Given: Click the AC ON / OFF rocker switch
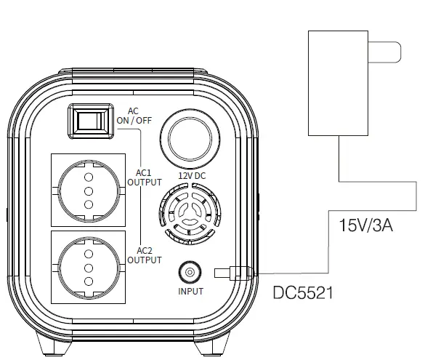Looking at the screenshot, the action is point(91,121).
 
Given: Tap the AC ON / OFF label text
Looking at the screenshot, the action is point(134,116).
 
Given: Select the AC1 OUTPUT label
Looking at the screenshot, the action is point(145,177).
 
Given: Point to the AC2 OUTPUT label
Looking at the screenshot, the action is point(145,255).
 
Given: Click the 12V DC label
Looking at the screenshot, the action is point(192,176).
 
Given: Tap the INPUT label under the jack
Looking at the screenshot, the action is point(190,292).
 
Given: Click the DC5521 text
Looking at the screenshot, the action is point(303,293).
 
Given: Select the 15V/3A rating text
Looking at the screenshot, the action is point(366,225).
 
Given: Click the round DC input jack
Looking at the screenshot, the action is point(190,272).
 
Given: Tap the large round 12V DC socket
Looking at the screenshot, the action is point(190,138).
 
